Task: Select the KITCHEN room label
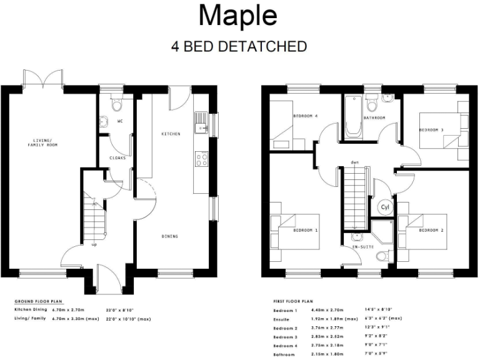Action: (171, 134)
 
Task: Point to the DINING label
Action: (169, 236)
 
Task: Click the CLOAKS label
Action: (117, 157)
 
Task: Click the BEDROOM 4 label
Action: (306, 116)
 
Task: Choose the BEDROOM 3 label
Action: (431, 129)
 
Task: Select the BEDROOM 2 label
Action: (431, 231)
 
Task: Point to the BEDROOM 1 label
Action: (306, 231)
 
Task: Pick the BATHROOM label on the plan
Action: (374, 117)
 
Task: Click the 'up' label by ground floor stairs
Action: (94, 244)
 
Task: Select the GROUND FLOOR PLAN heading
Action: (39, 301)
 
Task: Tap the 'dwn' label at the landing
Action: (354, 162)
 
